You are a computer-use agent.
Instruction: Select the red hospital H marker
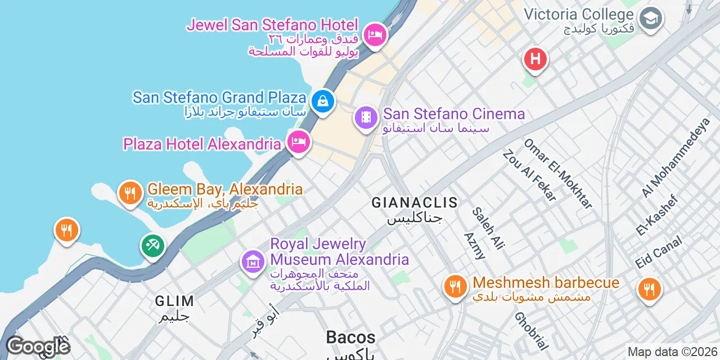point(535,58)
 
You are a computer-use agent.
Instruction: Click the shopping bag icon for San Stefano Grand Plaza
point(323,101)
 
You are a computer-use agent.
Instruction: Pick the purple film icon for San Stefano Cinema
point(366,118)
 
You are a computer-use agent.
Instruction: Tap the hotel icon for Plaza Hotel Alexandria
point(298,141)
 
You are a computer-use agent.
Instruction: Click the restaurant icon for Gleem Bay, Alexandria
point(130,193)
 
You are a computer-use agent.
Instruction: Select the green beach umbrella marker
point(152,245)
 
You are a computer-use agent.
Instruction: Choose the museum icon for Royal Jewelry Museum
point(253,261)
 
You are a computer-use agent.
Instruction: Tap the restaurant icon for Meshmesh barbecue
point(455,287)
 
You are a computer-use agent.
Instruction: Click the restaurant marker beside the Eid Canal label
point(649,289)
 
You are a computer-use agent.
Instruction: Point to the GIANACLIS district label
point(415,202)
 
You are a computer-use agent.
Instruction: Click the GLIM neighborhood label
point(174,301)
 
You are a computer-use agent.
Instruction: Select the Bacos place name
point(350,337)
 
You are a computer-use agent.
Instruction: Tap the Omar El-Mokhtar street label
point(558,173)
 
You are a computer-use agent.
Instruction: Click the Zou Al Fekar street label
point(530,175)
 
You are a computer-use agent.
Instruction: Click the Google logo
point(38,346)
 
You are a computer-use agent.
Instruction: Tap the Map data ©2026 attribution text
point(672,352)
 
